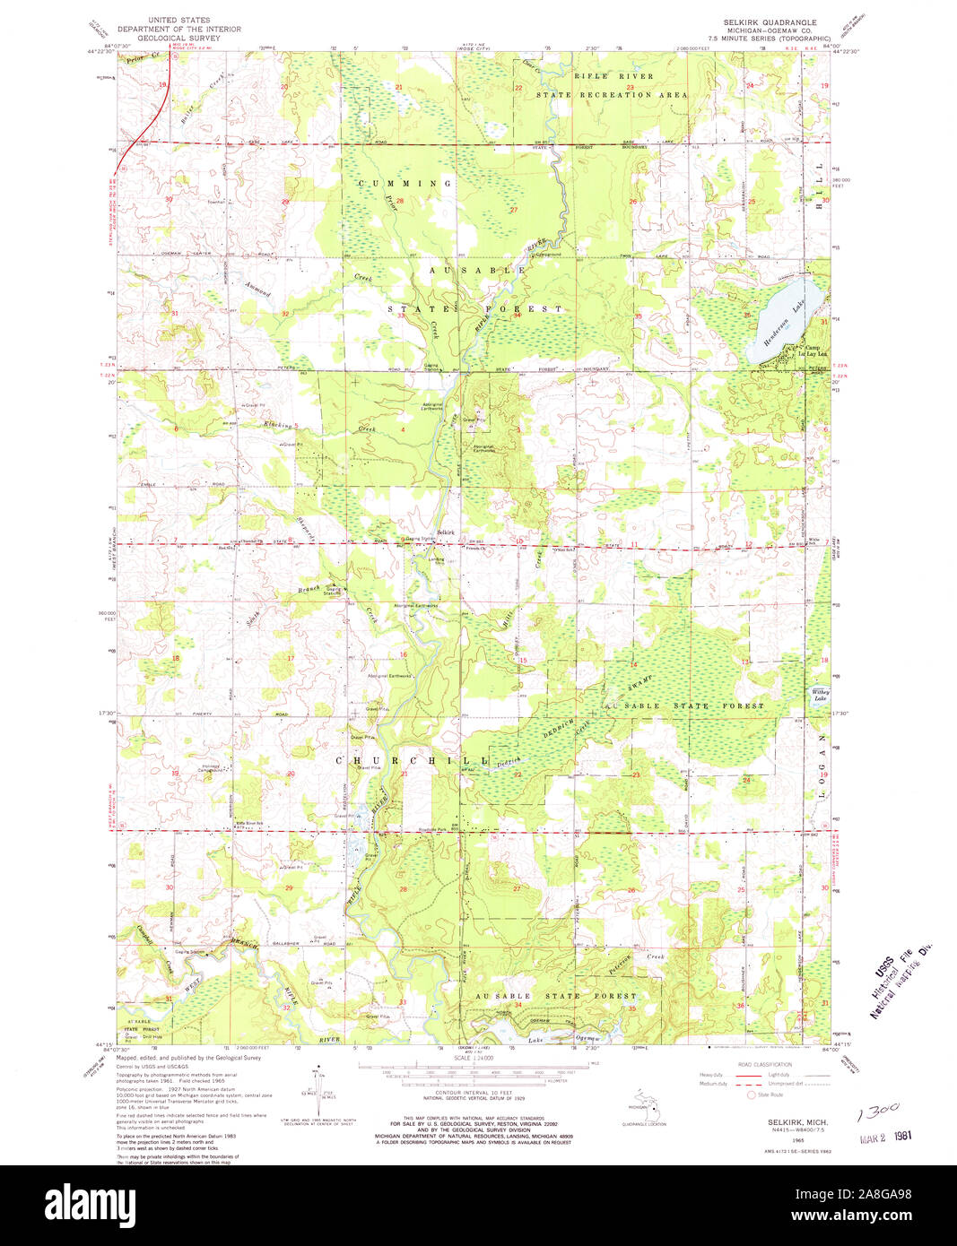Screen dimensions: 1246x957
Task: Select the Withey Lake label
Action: [x=820, y=695]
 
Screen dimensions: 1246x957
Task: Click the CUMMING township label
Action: [x=405, y=183]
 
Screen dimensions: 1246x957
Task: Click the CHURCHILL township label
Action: [x=412, y=760]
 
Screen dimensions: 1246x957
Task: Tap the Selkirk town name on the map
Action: [x=446, y=533]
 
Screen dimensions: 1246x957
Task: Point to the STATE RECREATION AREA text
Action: [x=612, y=94]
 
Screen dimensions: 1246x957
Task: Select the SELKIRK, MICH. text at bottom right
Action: [x=797, y=1122]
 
